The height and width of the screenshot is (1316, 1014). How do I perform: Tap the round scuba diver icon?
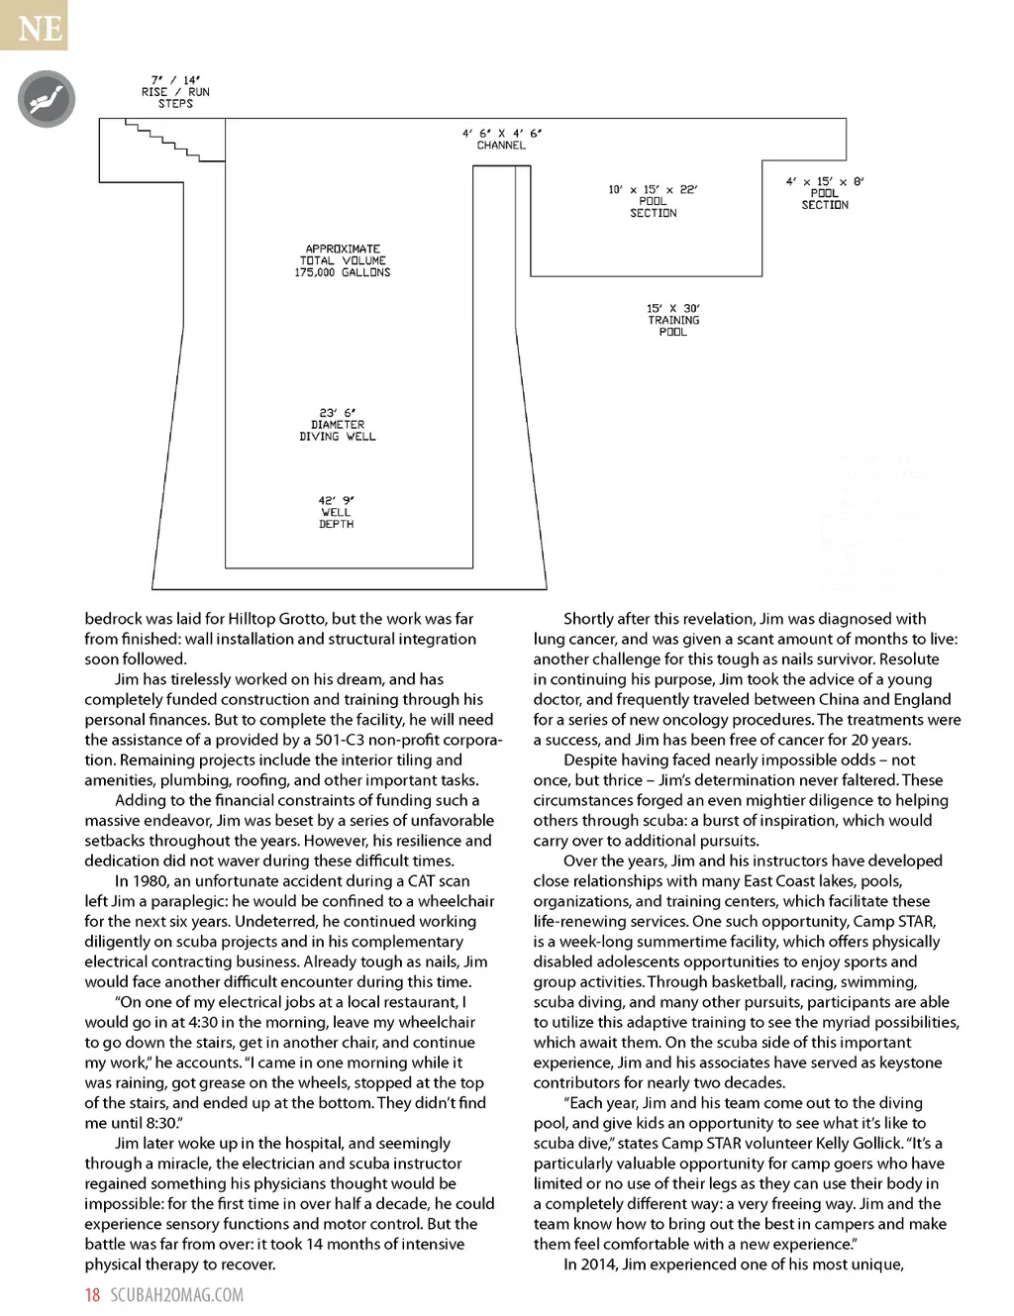[47, 99]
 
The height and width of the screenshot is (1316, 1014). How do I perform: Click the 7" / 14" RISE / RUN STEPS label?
[175, 92]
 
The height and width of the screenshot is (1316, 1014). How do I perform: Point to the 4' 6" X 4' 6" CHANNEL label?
[501, 140]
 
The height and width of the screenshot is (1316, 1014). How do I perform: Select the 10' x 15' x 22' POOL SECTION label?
[654, 201]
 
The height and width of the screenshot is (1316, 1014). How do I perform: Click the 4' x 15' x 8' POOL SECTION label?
[825, 193]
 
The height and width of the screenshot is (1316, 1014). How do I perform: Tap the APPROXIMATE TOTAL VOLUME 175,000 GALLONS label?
[343, 260]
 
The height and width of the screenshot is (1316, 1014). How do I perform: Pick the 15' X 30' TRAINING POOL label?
[673, 321]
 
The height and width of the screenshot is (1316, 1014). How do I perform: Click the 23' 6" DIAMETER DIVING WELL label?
[338, 425]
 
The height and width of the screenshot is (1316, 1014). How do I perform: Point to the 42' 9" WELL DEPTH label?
[336, 512]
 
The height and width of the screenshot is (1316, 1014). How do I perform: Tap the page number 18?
[92, 1295]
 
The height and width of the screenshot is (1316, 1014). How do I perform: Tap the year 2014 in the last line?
[597, 1265]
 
